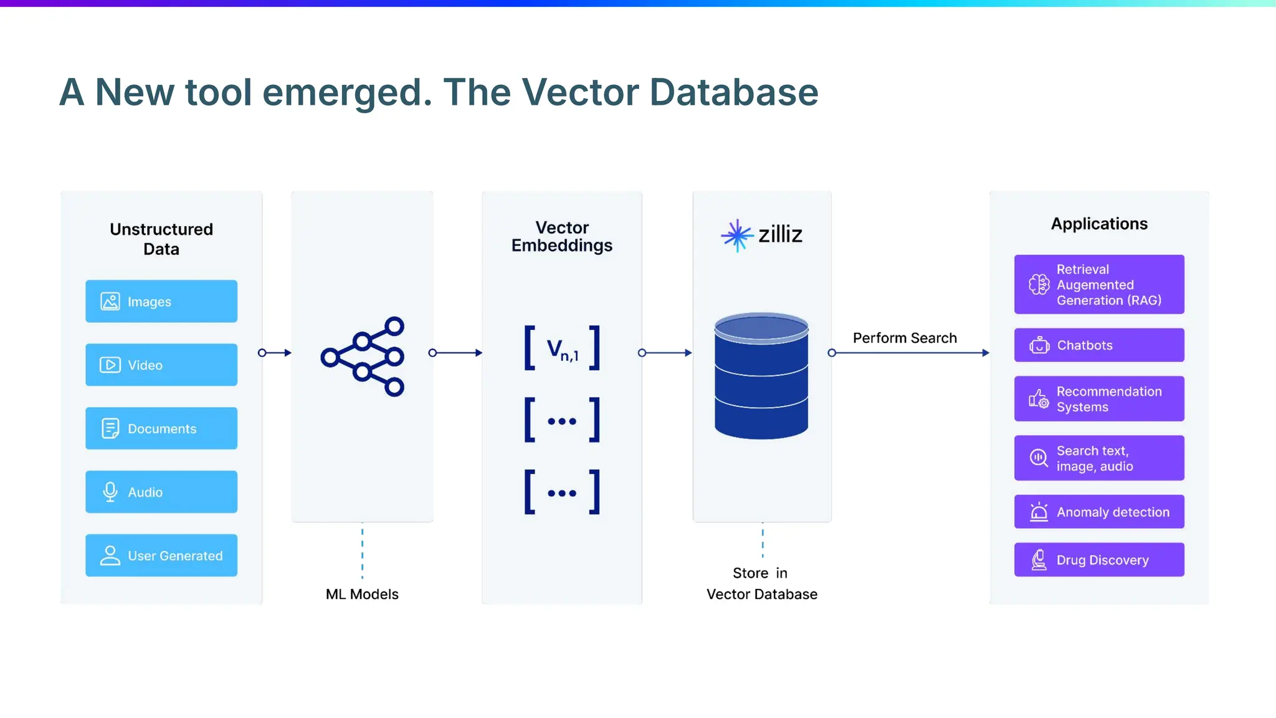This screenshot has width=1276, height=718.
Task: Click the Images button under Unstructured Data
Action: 161,302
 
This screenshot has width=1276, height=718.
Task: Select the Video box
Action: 161,365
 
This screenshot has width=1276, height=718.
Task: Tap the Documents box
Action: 161,429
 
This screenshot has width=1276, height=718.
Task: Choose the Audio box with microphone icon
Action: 161,492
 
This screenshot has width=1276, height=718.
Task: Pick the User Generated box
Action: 161,555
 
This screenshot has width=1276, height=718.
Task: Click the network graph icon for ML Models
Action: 363,357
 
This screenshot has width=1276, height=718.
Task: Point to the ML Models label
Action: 362,594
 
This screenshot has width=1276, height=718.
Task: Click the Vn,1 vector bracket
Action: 562,348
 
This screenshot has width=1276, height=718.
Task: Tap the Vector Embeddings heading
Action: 562,237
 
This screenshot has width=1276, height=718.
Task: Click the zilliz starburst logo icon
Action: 737,235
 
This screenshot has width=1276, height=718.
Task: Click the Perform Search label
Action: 905,338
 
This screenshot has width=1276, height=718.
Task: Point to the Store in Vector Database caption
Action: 761,583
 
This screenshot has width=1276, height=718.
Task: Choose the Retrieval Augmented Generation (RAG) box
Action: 1099,285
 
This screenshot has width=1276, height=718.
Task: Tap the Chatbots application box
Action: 1099,345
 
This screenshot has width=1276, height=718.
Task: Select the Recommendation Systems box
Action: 1099,399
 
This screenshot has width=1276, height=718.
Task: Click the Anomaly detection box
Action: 1099,512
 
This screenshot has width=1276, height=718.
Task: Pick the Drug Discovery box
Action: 1099,560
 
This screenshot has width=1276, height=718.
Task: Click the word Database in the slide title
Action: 734,92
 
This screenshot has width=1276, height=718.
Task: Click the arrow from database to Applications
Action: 910,353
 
